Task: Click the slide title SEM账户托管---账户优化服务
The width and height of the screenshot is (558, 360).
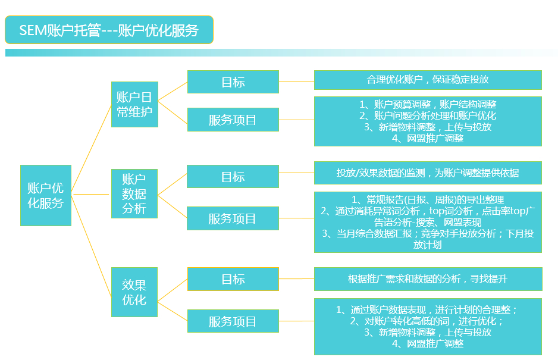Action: tap(109, 30)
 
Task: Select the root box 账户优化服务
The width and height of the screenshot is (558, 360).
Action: tap(46, 195)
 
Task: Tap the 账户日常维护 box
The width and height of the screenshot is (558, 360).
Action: tap(134, 104)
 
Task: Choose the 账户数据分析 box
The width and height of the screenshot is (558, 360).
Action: tap(134, 194)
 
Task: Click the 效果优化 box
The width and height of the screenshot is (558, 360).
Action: tap(134, 292)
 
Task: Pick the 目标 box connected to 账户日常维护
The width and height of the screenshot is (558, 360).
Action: tap(233, 82)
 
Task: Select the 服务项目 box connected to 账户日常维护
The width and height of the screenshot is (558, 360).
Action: tap(233, 120)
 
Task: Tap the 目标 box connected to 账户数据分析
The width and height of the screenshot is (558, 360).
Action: tap(233, 176)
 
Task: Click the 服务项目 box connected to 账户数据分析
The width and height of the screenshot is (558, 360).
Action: tap(233, 218)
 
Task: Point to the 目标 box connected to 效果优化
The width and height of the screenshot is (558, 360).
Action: tap(233, 279)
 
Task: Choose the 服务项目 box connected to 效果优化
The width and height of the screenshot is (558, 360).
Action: tap(233, 321)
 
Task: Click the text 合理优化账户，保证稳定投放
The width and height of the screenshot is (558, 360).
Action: tap(428, 79)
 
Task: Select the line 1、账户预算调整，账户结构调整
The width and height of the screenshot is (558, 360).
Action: tap(428, 104)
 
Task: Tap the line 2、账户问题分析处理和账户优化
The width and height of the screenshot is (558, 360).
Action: tap(428, 115)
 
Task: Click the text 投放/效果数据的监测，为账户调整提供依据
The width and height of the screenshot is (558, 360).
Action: tap(428, 173)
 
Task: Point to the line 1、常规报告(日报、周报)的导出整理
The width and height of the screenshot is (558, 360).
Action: tap(428, 199)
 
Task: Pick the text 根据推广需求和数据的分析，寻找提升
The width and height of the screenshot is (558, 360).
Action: tap(428, 279)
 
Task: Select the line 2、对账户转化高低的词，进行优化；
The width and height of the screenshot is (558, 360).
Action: tap(428, 321)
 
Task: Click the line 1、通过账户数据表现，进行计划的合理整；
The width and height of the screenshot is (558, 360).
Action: tap(428, 310)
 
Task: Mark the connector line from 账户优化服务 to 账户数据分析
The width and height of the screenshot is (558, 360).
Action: tap(90, 194)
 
